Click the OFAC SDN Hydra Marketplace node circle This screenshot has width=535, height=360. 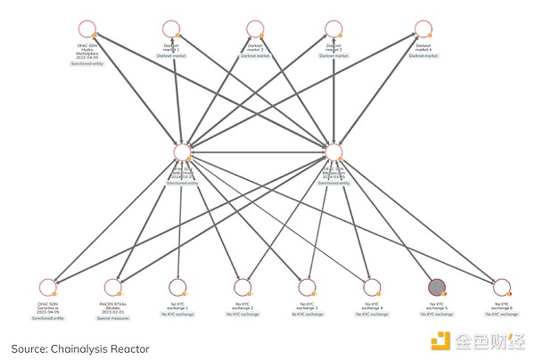[x=86, y=29]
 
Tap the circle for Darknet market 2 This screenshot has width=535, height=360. [x=254, y=29]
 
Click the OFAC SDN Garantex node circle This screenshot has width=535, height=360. [x=48, y=287]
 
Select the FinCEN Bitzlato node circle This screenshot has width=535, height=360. [x=112, y=287]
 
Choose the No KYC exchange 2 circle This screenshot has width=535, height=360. [x=242, y=287]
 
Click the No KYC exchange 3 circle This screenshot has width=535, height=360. [x=306, y=287]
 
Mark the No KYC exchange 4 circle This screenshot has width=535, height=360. [x=371, y=287]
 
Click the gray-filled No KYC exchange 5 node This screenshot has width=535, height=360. [x=436, y=287]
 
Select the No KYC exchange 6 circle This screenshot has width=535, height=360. [x=501, y=287]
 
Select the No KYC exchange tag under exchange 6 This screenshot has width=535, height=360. [x=501, y=315]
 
